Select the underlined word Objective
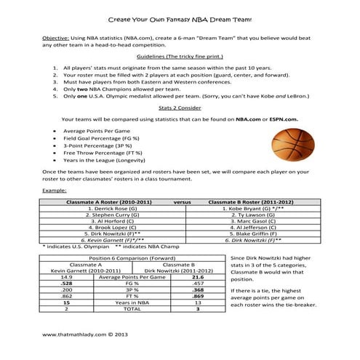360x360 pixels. [x=55, y=36]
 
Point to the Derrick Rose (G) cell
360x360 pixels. [x=102, y=208]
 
